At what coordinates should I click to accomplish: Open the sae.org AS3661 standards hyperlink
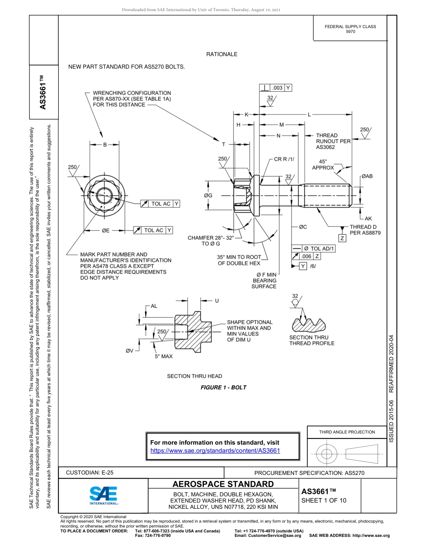pos(215,450)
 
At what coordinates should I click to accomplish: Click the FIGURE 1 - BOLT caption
pos(223,388)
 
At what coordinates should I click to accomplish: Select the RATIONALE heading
pos(221,54)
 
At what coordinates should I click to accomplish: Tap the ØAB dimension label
pos(366,176)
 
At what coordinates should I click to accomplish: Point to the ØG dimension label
pos(208,195)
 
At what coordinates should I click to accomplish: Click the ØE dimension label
pos(106,230)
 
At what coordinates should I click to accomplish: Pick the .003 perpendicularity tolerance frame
pos(276,88)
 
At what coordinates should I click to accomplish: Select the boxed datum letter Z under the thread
pos(342,238)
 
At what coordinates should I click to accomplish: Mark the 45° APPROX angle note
pos(323,164)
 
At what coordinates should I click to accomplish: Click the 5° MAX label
pos(163,356)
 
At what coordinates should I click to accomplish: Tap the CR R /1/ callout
pos(284,159)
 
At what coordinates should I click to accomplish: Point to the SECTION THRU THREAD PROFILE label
pos(312,340)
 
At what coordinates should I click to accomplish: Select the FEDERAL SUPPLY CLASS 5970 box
pos(350,29)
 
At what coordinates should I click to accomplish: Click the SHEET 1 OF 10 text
pos(324,500)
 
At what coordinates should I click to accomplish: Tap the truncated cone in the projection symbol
pos(362,454)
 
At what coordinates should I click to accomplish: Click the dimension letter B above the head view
pos(105,144)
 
